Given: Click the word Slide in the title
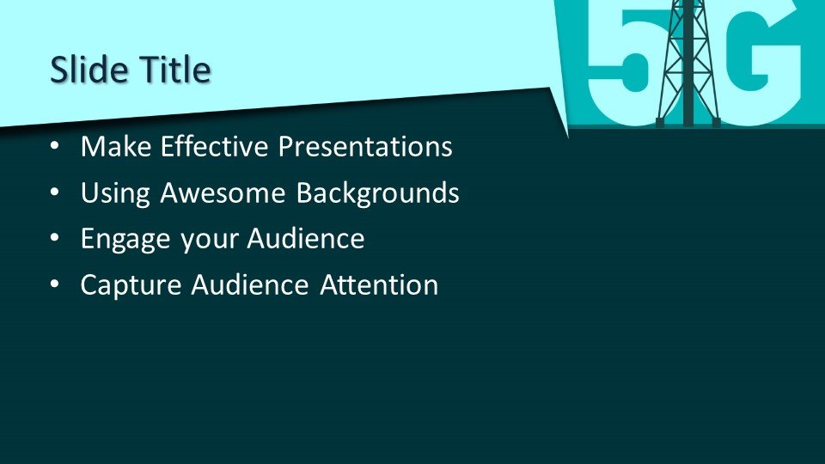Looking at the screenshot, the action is [89, 70].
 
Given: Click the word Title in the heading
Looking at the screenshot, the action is [175, 70].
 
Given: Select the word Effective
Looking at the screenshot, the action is [215, 146].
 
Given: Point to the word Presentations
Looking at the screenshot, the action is [365, 146].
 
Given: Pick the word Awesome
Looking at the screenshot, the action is [223, 192].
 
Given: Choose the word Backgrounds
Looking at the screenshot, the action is [377, 193].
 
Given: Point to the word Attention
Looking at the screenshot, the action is [379, 285].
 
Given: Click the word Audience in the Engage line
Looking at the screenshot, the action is [306, 239].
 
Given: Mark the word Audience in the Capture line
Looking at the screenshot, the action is [250, 285].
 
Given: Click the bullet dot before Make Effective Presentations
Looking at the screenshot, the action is [55, 147].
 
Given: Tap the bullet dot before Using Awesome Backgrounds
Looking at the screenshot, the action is [55, 193].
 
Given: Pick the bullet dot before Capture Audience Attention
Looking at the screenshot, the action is [55, 285].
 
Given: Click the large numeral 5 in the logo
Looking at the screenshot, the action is [624, 66].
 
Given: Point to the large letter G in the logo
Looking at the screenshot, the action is [762, 66].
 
